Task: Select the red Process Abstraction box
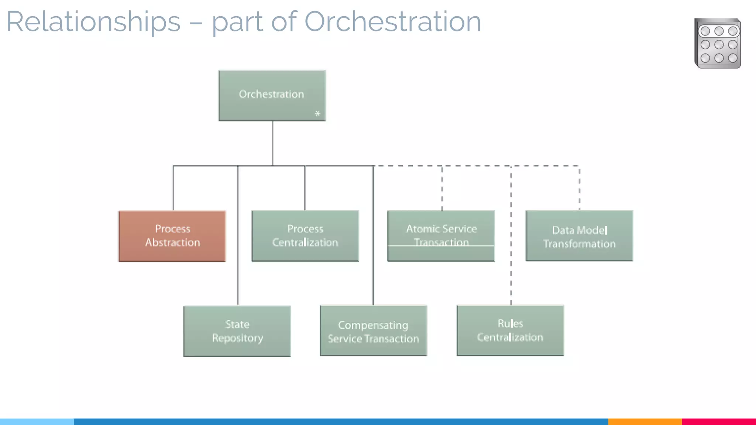(172, 236)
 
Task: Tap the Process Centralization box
(305, 236)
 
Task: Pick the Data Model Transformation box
(579, 236)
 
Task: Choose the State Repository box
(237, 331)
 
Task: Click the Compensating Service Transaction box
(373, 331)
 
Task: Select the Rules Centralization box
(510, 331)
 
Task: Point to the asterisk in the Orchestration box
(317, 114)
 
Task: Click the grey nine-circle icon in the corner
(717, 44)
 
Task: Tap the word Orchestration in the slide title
(392, 21)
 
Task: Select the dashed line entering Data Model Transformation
(580, 188)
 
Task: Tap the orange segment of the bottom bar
(645, 421)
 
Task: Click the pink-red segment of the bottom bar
(719, 421)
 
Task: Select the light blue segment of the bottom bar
(37, 421)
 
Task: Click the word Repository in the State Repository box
(237, 338)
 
